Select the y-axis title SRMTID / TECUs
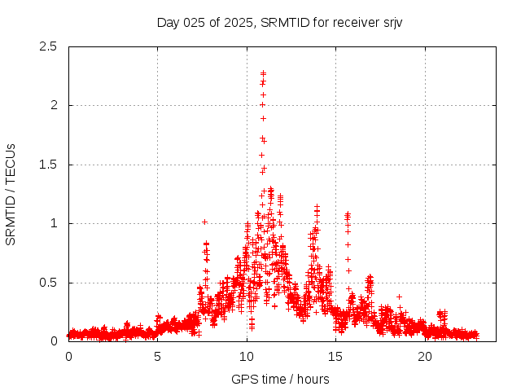[x=11, y=195]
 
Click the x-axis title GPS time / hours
[x=280, y=379]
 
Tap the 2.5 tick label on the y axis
[x=50, y=46]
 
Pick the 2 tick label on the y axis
[x=55, y=105]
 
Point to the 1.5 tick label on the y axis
[x=50, y=165]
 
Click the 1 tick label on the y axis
[x=55, y=223]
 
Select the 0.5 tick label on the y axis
[x=50, y=283]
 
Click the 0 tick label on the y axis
[x=55, y=341]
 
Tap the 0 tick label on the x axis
[x=68, y=357]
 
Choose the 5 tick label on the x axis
[x=158, y=357]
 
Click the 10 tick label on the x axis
[x=247, y=357]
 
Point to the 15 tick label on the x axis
[x=336, y=357]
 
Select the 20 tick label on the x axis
[x=425, y=357]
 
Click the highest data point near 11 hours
[x=263, y=73]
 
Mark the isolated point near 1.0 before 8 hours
[x=204, y=222]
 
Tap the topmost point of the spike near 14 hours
[x=317, y=207]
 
